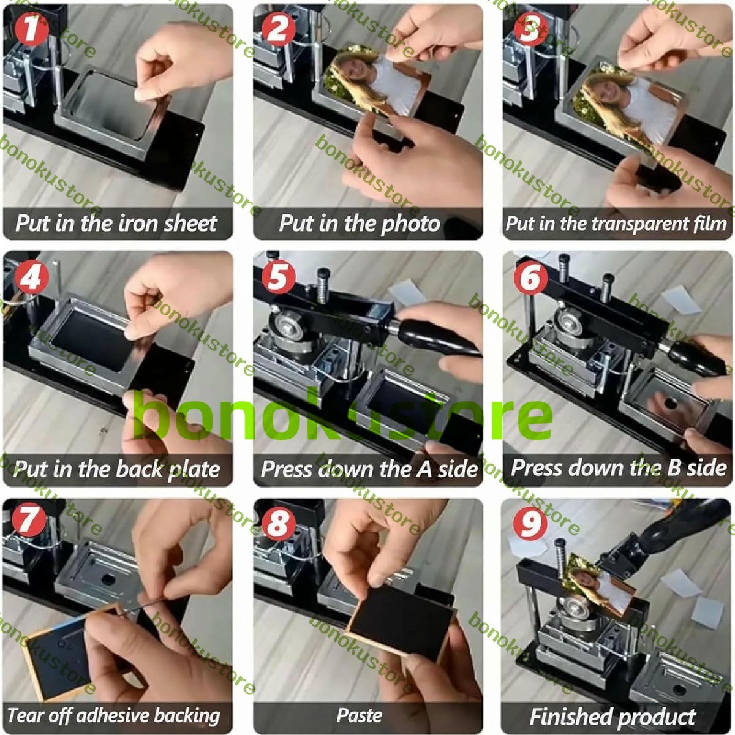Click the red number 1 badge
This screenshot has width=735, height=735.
pyautogui.click(x=32, y=29)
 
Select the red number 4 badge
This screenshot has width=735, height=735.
pyautogui.click(x=32, y=277)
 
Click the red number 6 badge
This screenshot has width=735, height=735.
pyautogui.click(x=530, y=278)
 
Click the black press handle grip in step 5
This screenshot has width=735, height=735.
pyautogui.click(x=435, y=342)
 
